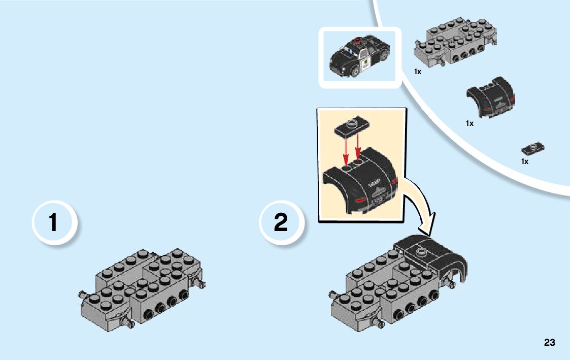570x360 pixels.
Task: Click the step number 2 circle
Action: (281, 223)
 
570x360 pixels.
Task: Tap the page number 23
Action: (549, 343)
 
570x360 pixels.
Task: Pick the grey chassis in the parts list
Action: (455, 46)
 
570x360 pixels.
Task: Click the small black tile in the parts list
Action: (533, 149)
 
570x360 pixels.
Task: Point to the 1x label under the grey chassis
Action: (418, 72)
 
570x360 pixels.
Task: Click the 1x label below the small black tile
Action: (525, 161)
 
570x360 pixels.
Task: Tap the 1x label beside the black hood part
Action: (470, 123)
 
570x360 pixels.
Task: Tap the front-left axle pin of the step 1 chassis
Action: (81, 293)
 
